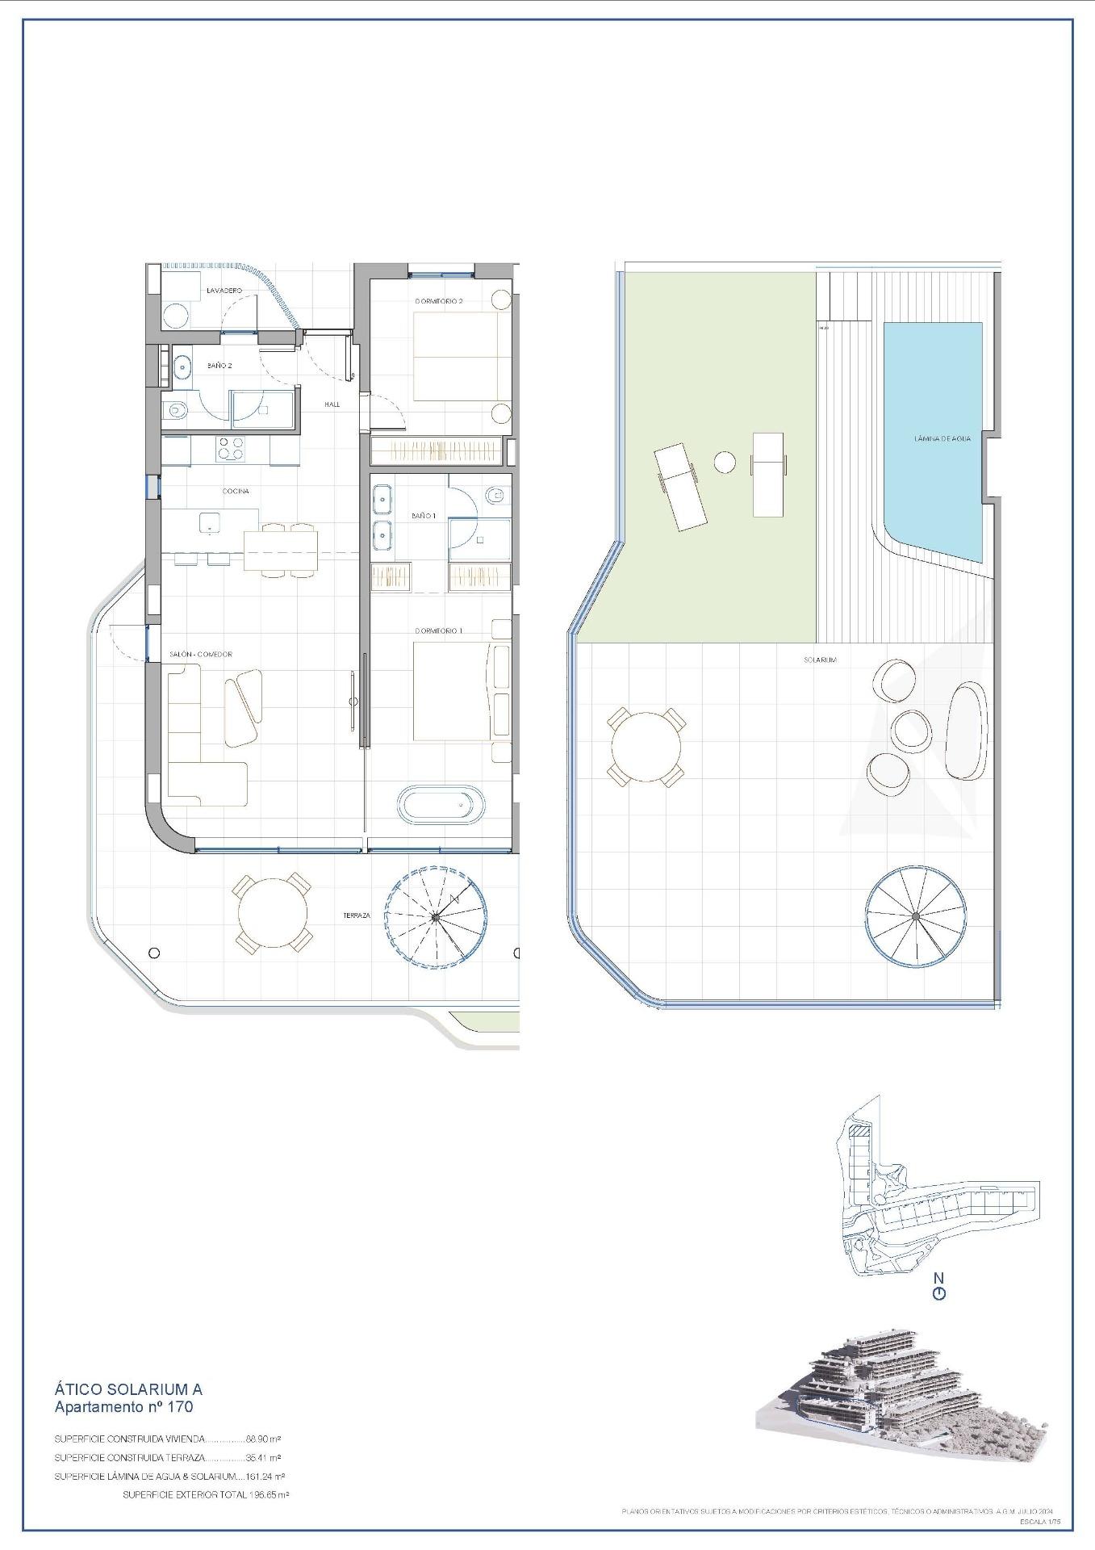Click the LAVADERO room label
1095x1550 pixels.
224,291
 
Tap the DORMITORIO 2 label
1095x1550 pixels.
439,301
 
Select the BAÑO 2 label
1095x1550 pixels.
219,366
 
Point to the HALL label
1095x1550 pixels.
332,404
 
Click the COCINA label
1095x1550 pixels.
236,491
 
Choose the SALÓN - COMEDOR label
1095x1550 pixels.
201,654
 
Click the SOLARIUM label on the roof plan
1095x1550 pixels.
820,660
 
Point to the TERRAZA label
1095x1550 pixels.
356,915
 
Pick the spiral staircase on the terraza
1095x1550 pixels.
435,916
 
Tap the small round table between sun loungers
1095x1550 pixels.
725,463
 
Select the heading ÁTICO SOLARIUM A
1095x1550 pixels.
128,1389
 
